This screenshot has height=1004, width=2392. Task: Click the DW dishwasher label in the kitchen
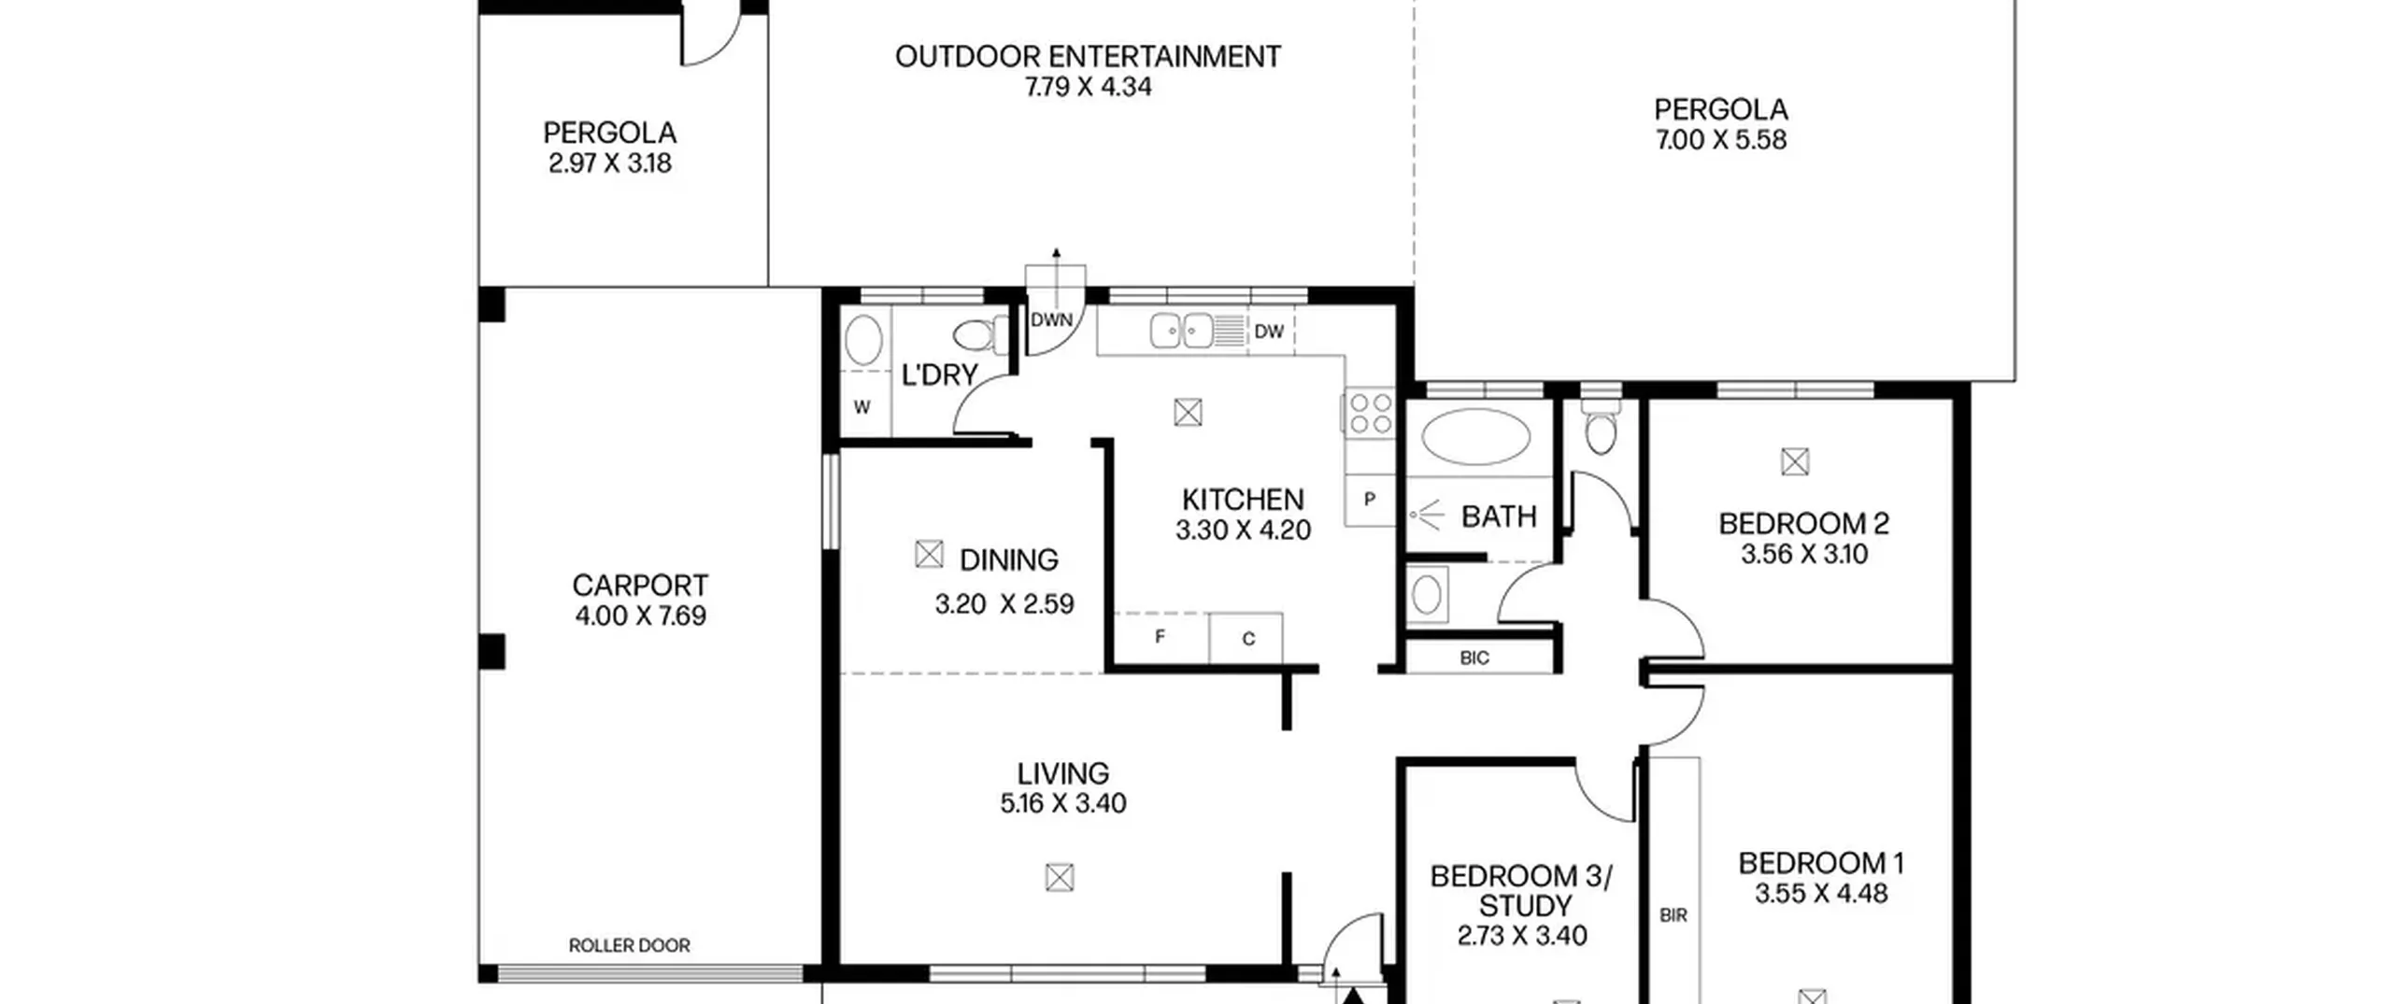(x=1268, y=332)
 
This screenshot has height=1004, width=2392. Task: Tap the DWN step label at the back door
(x=1051, y=320)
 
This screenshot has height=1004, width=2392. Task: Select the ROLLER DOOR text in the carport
(x=630, y=945)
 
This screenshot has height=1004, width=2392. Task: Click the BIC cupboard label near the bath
(x=1474, y=658)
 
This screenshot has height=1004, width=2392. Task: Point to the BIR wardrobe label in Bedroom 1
(x=1673, y=915)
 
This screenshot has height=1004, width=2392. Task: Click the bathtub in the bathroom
(x=1475, y=436)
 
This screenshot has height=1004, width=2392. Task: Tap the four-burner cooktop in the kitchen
(x=1371, y=414)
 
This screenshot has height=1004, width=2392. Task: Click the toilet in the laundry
(x=981, y=334)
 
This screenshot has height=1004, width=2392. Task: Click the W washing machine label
(x=862, y=407)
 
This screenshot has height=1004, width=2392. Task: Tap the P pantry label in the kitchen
(x=1369, y=500)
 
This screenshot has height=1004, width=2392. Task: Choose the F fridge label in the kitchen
(x=1160, y=637)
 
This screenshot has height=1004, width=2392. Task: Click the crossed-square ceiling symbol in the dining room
(x=929, y=554)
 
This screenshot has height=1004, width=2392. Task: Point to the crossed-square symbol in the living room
(x=1060, y=877)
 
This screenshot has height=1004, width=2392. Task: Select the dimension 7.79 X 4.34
(x=1089, y=87)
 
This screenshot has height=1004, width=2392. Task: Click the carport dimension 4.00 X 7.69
(x=640, y=616)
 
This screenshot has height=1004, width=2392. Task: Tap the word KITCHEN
(x=1243, y=500)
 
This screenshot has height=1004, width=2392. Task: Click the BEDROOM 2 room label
(x=1803, y=524)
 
